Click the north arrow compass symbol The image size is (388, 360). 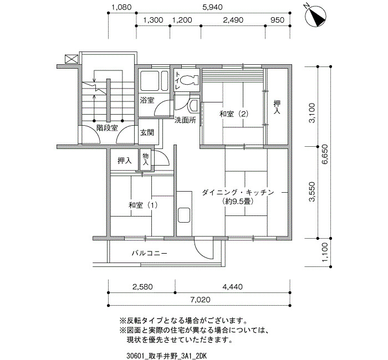(315, 16)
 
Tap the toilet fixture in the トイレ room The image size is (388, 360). (190, 80)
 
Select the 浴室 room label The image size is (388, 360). (147, 100)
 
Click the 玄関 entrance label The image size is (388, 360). (147, 132)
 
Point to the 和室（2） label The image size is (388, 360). (234, 114)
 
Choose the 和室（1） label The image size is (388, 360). (143, 205)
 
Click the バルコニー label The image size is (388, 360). (149, 253)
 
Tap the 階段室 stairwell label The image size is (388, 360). (107, 128)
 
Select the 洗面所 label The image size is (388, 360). (185, 120)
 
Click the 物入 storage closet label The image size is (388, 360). (145, 159)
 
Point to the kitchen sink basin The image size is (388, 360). (184, 215)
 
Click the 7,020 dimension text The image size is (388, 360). (200, 300)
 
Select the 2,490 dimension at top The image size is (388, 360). (233, 20)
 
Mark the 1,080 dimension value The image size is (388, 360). (121, 7)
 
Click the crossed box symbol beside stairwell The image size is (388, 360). (72, 59)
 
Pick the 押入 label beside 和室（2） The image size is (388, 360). (277, 107)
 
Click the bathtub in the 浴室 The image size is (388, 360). (154, 81)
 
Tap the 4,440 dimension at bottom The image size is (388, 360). (232, 287)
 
